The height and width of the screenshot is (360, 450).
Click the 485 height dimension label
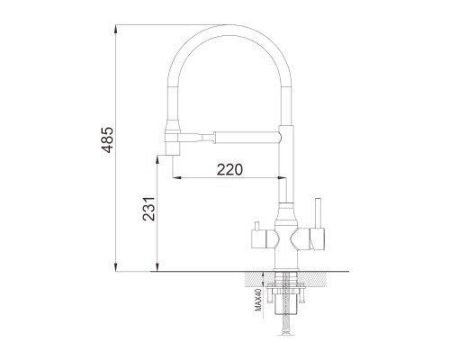107,139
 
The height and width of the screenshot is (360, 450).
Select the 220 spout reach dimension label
229,169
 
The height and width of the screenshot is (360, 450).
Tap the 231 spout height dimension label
148,209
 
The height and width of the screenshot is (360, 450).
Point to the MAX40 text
258,299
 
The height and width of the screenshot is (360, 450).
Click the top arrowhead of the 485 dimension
116,28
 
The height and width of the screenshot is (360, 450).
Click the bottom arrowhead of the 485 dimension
116,267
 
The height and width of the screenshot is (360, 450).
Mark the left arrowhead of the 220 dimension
177,178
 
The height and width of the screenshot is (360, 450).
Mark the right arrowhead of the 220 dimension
283,178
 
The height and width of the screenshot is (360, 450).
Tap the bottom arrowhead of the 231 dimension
157,267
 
